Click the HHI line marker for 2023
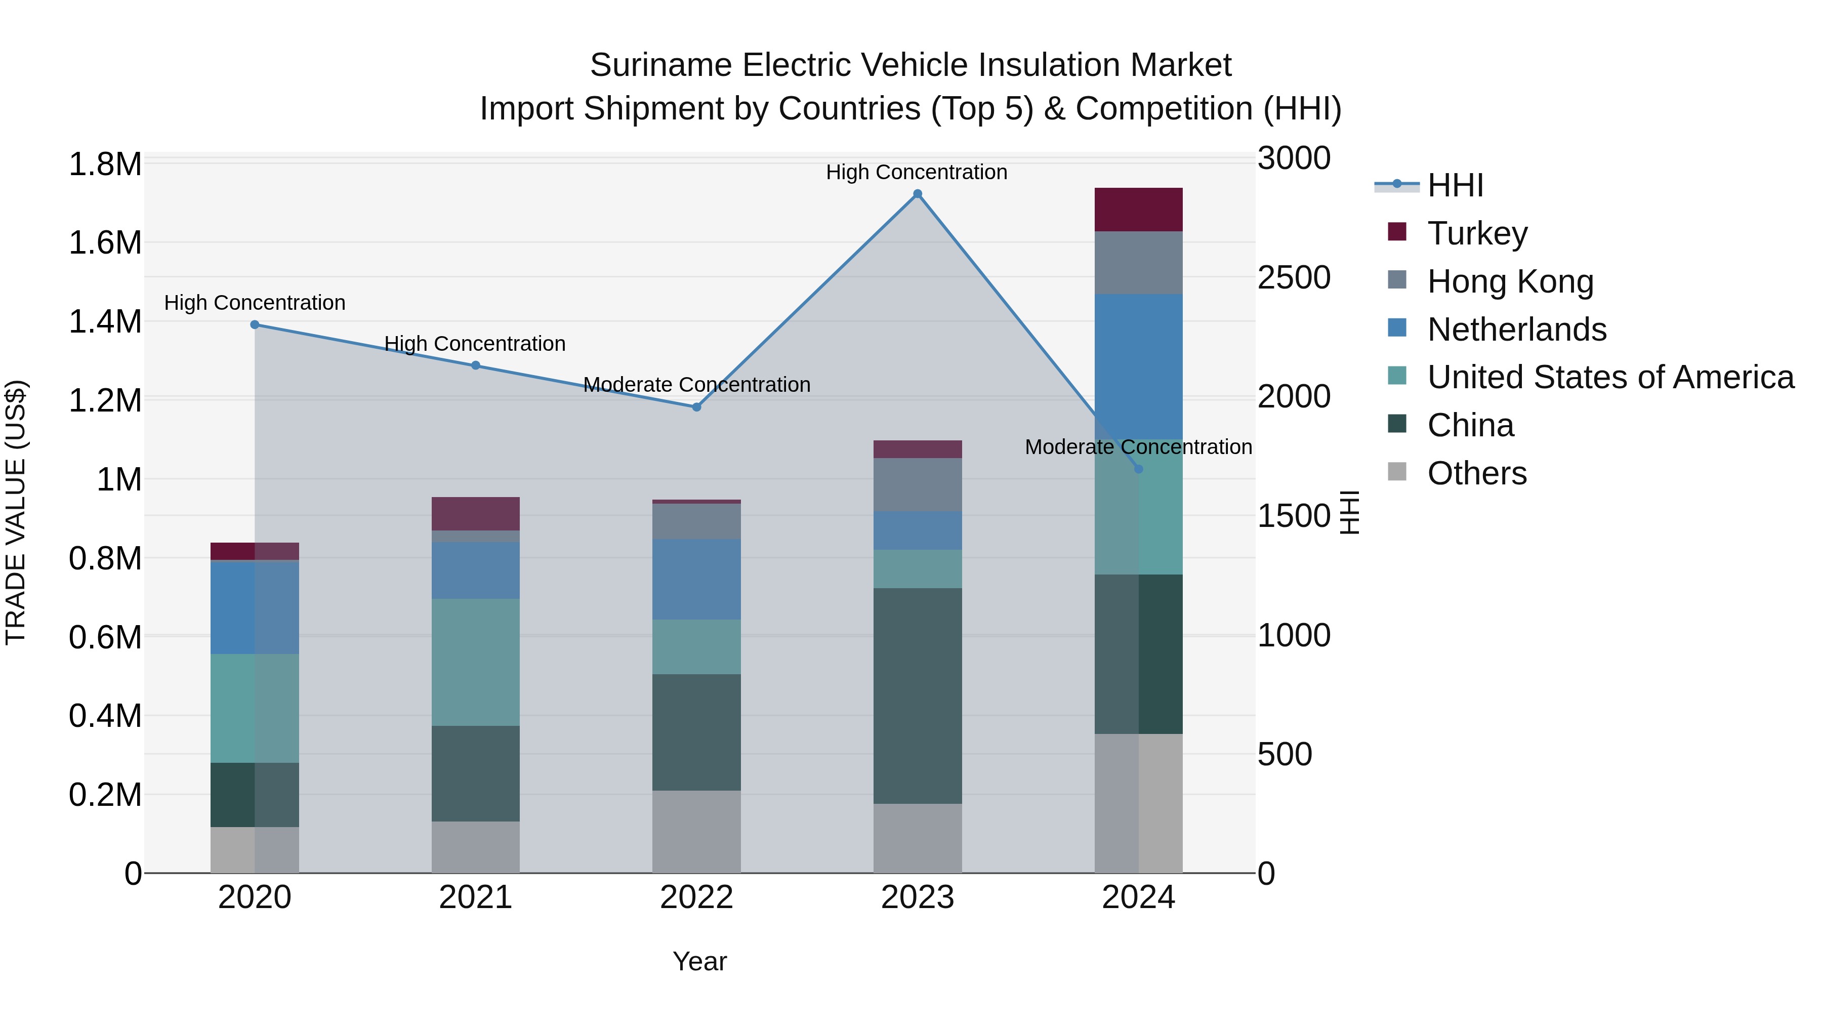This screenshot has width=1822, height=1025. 918,194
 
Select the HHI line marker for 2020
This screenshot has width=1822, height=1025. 255,324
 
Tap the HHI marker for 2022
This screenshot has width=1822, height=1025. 696,407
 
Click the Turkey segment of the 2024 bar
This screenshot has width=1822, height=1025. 1138,210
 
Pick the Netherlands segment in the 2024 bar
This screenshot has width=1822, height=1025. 1138,366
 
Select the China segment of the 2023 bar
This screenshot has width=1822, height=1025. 918,695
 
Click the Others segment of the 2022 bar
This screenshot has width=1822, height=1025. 696,832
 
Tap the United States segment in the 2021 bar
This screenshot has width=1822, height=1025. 475,662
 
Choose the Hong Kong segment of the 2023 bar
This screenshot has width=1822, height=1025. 918,485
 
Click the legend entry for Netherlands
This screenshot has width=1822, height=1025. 1516,330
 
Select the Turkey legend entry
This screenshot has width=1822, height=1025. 1477,233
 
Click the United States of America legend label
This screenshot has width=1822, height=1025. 1610,378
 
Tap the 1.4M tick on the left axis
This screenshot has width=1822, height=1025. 105,322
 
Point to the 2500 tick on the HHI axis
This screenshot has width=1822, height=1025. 1294,278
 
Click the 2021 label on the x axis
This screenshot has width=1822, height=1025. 475,897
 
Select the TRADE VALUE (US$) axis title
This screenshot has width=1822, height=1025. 16,512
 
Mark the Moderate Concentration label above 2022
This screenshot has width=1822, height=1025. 696,385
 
